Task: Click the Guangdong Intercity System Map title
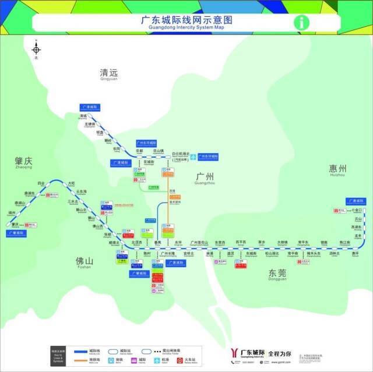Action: pos(186,22)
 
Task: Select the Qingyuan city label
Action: pos(109,74)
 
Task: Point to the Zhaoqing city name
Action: pos(24,161)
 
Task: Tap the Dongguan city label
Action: pos(277,273)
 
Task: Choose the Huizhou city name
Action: pos(337,169)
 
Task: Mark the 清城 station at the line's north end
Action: pos(83,116)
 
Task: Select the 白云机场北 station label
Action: pos(181,153)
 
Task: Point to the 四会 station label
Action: pos(41,183)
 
